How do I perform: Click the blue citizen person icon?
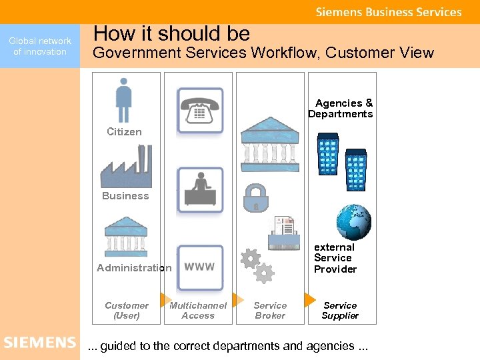point(124,100)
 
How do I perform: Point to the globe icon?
point(353,222)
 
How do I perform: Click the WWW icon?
point(200,267)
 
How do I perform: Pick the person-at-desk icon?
point(200,189)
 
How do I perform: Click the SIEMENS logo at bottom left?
point(40,343)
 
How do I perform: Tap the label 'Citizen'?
point(125,132)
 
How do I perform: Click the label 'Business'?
point(125,196)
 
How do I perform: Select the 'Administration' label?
point(134,268)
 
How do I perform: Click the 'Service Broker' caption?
point(270,311)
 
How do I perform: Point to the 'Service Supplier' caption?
point(340,311)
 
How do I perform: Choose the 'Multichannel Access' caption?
point(198,311)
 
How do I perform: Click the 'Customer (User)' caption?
point(126,311)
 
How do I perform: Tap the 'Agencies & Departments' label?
point(341,109)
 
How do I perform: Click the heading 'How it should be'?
point(171,33)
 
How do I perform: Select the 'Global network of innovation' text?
point(40,46)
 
